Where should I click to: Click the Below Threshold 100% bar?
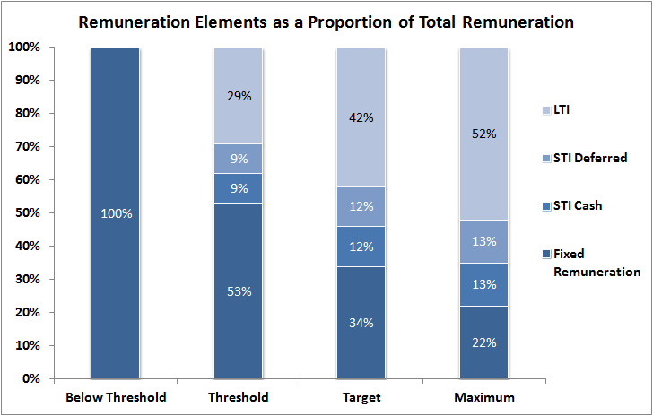[x=115, y=213]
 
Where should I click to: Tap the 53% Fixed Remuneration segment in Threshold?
[x=238, y=290]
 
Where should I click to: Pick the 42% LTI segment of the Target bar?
[x=361, y=117]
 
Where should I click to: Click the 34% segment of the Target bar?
[x=361, y=322]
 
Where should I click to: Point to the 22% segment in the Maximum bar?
[x=483, y=342]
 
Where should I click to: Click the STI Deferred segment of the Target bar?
[x=361, y=206]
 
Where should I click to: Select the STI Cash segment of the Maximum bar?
[x=483, y=284]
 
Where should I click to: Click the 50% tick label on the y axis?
[x=28, y=213]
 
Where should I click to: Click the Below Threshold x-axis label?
[x=115, y=396]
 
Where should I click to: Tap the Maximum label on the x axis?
[x=483, y=396]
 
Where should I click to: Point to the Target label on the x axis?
[x=361, y=396]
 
